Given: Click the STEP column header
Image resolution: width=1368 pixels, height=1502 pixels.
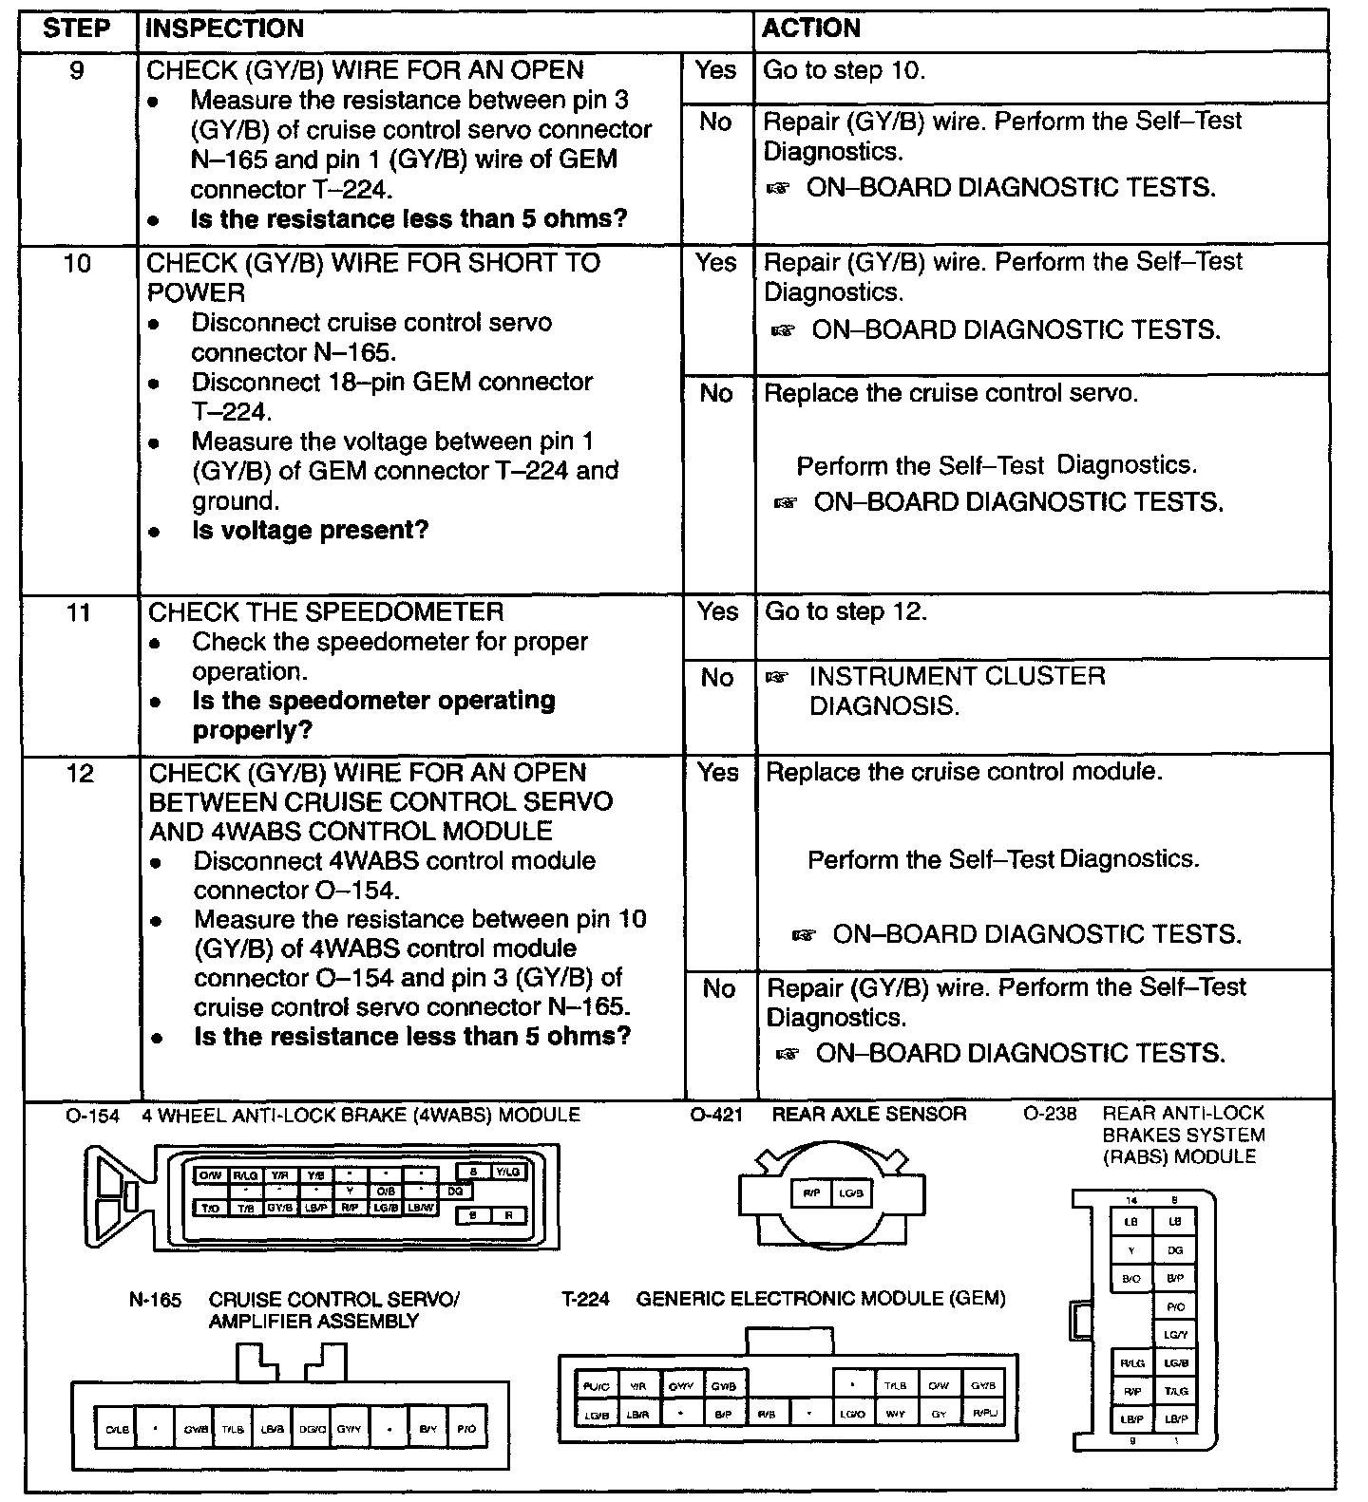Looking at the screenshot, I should coord(77,28).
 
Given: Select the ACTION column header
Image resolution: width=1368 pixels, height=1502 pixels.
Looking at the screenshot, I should coord(811,28).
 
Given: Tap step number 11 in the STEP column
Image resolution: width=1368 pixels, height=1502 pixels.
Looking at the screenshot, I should coord(79,612).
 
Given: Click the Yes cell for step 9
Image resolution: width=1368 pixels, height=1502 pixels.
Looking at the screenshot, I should coord(715,70).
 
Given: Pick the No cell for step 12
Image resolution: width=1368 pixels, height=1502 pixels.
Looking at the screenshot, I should coord(719,989).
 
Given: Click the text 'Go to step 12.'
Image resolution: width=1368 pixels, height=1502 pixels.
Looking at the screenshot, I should coord(845,612).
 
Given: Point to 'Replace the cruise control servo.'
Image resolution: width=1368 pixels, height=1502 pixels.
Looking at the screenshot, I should coord(951,393).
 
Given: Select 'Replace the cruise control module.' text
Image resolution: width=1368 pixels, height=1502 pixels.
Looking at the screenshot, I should coord(964,772).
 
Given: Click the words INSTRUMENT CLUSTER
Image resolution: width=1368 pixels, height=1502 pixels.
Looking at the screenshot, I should coord(957,677).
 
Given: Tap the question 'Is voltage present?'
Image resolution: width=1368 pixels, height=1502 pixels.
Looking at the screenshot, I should coord(310,530).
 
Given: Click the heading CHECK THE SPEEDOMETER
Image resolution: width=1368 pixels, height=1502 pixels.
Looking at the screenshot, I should coord(326,612).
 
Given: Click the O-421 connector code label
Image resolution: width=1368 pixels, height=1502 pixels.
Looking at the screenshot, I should coord(715,1115).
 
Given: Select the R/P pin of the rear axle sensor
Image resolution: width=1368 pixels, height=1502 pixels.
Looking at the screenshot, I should coord(811,1193).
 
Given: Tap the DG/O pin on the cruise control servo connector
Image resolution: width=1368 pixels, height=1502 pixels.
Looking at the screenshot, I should coord(312,1428).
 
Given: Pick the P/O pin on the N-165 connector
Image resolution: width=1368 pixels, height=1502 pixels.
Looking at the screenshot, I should coord(465,1428).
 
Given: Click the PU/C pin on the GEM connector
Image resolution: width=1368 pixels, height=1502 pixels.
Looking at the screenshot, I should coord(597,1386).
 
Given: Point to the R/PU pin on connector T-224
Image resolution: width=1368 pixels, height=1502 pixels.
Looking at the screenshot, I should coord(984,1414).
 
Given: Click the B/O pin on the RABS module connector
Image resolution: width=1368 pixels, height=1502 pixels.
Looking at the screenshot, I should coord(1131,1278).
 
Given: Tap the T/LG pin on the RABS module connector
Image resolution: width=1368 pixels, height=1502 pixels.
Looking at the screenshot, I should coord(1175,1390).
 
